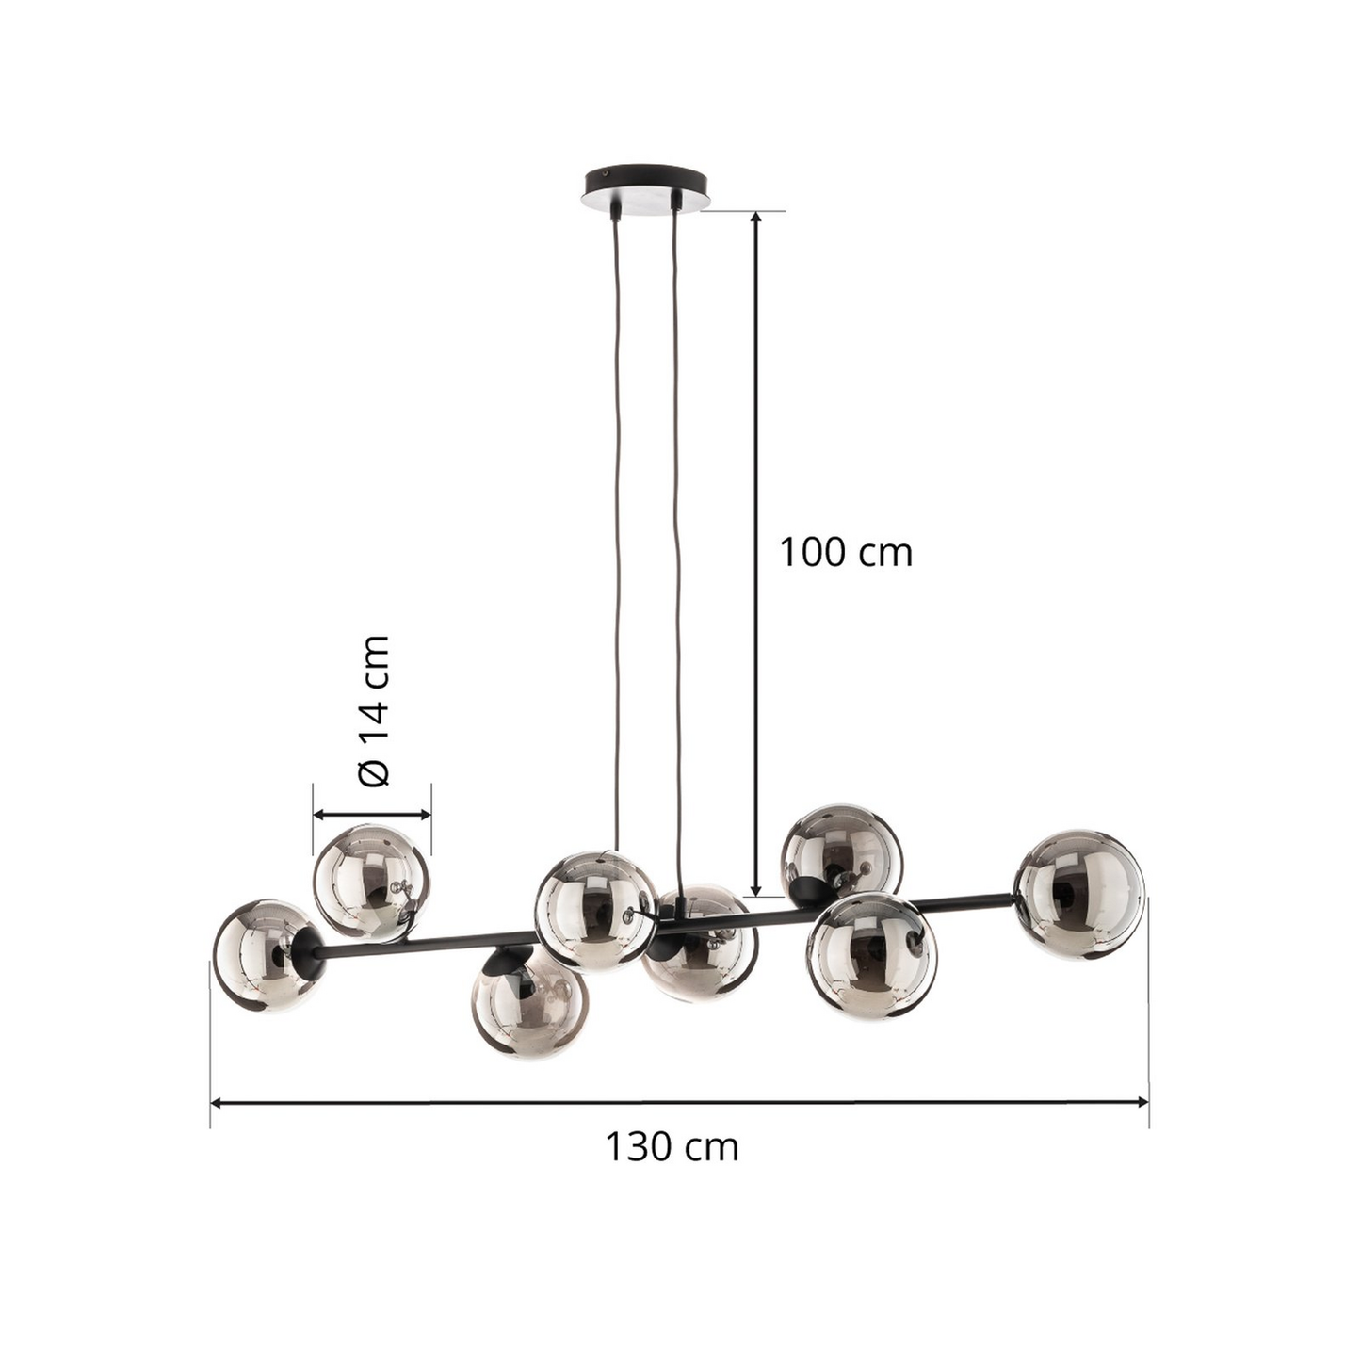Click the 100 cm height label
point(845,552)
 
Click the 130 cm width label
point(671,1147)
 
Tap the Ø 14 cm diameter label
point(374,710)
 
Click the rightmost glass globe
point(1079,894)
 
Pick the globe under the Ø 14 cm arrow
point(371,883)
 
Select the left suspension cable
point(617,527)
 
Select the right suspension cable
point(677,527)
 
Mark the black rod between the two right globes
point(970,901)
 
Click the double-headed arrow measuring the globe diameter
point(372,815)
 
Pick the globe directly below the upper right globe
point(871,956)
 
